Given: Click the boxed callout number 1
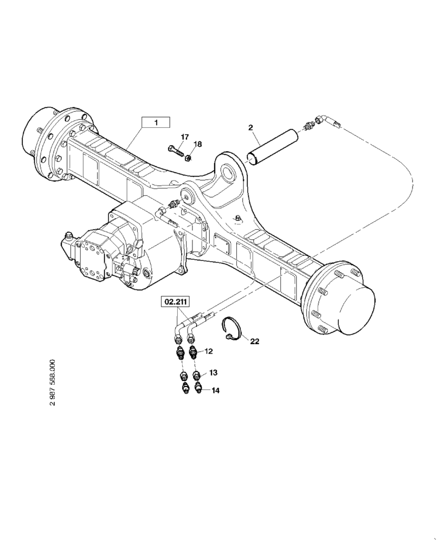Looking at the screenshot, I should click(x=156, y=123).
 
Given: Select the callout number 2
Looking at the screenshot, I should click(x=251, y=128).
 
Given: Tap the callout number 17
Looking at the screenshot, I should click(x=185, y=137).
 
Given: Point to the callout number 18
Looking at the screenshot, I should click(x=197, y=144).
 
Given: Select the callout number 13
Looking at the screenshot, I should click(x=213, y=372).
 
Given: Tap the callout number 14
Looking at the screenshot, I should click(x=215, y=390).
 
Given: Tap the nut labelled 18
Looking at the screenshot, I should click(x=188, y=158).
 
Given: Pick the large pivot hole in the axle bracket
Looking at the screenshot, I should click(x=230, y=174).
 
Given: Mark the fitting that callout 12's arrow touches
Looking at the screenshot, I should click(x=194, y=354).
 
